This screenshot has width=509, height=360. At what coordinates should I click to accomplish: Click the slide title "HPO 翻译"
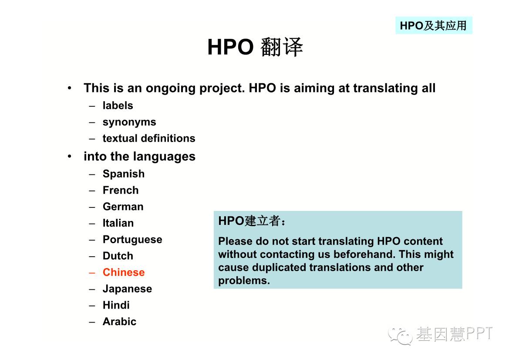[255, 47]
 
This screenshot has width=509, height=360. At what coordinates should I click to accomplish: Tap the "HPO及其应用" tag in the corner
[433, 25]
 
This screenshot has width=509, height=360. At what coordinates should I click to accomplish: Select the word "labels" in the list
[118, 105]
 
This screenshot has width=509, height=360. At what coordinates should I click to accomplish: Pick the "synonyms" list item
[129, 122]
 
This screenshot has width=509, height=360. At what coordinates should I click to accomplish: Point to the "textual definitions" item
[149, 139]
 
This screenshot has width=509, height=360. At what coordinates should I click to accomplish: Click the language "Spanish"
[124, 174]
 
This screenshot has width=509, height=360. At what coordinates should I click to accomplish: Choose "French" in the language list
[121, 190]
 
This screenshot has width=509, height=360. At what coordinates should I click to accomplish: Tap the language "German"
[123, 207]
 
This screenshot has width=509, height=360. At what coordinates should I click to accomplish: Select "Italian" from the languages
[118, 223]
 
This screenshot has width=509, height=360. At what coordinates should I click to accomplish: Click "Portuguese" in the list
[132, 240]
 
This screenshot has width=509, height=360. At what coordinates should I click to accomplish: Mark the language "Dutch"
[118, 256]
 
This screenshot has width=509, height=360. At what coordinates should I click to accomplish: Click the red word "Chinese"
[124, 272]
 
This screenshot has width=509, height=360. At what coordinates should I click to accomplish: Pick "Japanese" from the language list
[127, 289]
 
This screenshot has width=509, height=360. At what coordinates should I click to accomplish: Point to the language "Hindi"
[116, 305]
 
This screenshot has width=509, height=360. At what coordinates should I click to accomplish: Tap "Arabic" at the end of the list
[119, 321]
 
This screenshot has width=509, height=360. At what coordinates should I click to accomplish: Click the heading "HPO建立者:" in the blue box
[252, 221]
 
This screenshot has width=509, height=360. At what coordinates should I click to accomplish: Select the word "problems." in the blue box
[244, 280]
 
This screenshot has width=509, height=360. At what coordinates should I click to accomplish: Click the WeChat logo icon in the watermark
[400, 336]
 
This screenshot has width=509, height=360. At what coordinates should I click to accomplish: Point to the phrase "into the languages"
[140, 156]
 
